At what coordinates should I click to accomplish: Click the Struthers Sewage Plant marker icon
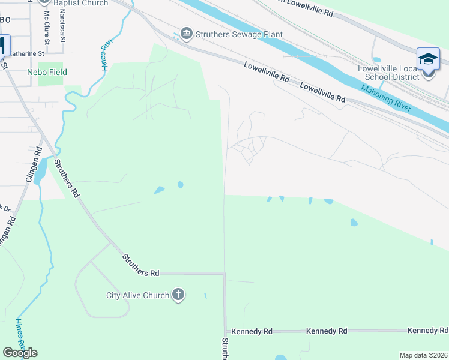point(186,34)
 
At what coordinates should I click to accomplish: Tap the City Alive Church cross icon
point(178,295)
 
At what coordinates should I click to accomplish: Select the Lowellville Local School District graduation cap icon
point(428,59)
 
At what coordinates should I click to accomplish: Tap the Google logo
point(20,353)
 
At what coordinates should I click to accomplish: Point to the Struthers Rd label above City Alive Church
point(140,265)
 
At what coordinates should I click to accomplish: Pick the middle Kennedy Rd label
point(327,331)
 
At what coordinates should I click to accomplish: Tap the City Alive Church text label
point(137,295)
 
